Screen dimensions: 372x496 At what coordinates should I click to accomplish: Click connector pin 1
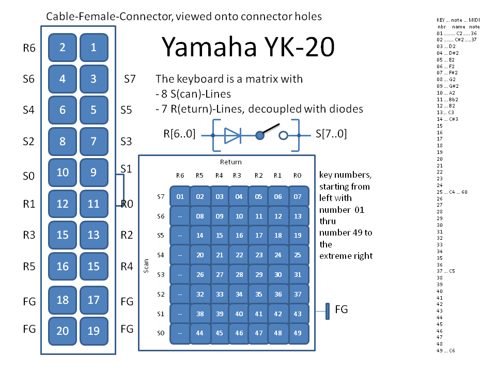[x=94, y=48]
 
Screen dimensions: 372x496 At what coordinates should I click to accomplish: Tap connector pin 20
[x=63, y=331]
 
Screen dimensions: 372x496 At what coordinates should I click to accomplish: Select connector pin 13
[x=94, y=235]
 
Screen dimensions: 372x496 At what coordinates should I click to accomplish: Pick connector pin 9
[x=94, y=172]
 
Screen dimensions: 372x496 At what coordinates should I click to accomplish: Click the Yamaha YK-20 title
[x=248, y=48]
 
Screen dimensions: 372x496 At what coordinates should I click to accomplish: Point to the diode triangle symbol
[x=232, y=136]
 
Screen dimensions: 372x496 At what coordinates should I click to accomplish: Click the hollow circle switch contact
[x=283, y=136]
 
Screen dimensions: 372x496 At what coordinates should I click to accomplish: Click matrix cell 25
[x=298, y=255]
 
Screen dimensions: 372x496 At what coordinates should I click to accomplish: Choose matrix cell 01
[x=180, y=196]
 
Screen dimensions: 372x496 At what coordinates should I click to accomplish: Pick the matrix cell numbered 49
[x=298, y=333]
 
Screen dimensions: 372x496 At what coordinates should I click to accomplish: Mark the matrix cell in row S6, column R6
[x=180, y=216]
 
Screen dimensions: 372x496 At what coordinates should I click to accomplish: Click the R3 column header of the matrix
[x=237, y=176]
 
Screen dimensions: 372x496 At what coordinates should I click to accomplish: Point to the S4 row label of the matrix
[x=160, y=254]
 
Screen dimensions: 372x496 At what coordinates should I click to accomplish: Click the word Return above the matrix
[x=230, y=162]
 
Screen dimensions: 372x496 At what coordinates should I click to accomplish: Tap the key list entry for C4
[x=445, y=192]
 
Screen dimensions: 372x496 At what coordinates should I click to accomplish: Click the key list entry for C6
[x=445, y=350]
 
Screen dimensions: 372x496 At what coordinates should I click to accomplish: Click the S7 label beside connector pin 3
[x=130, y=80]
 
